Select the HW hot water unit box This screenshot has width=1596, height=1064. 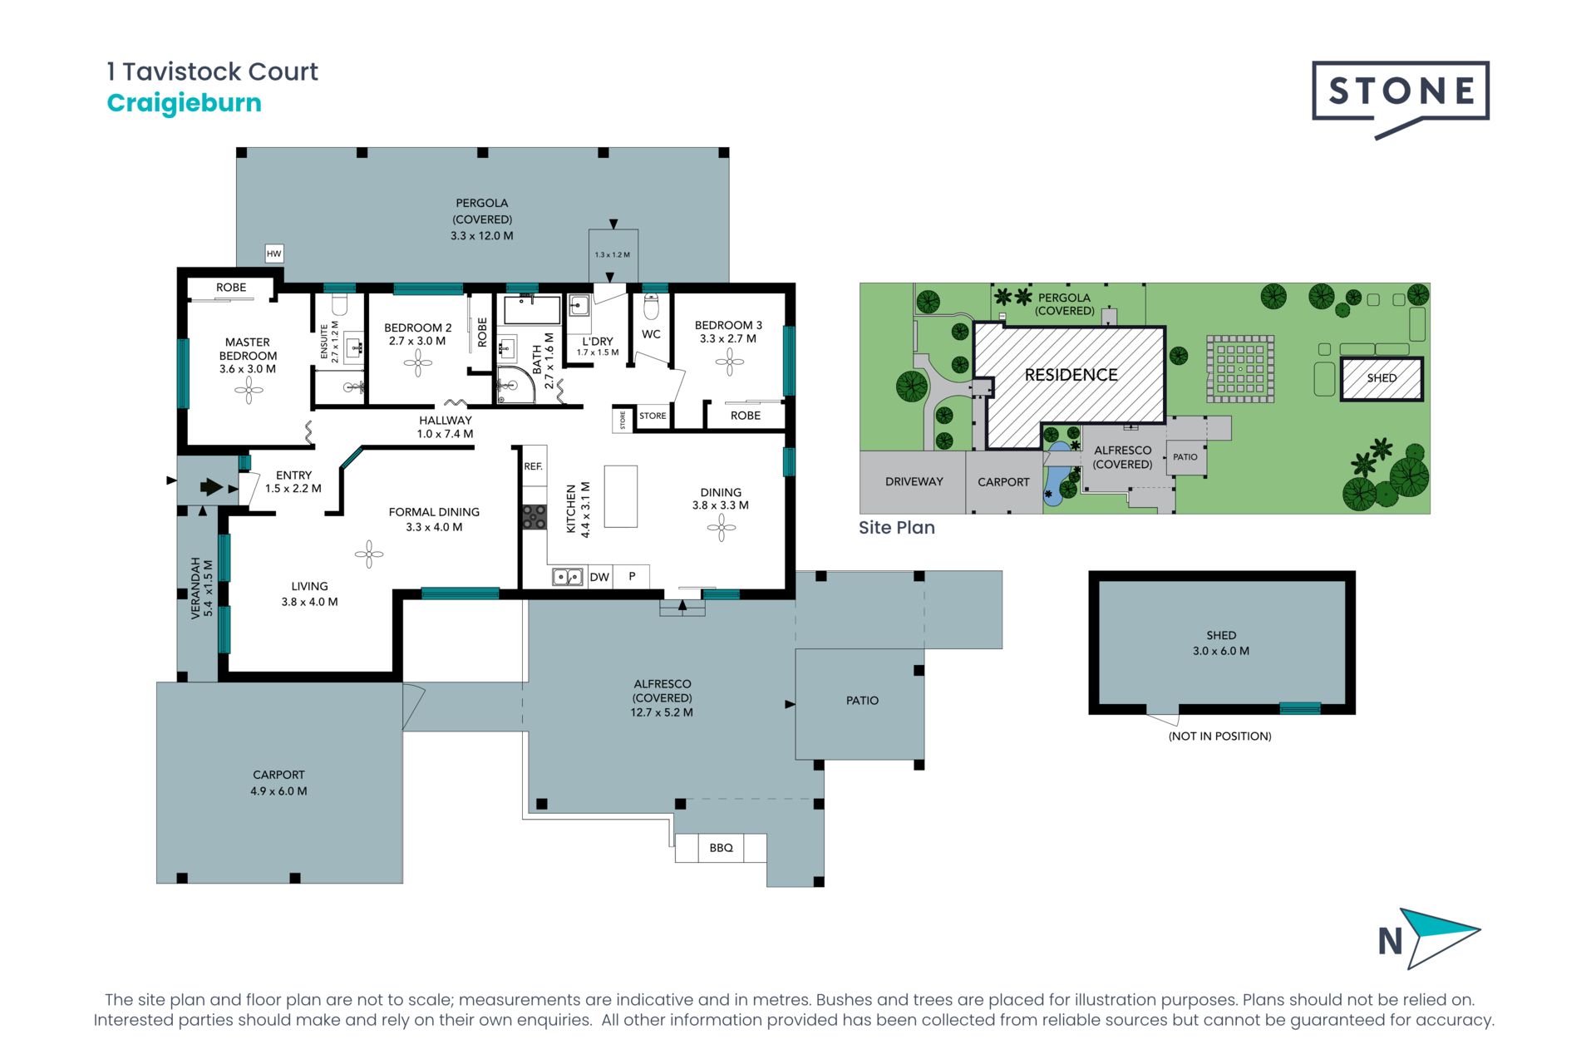tap(274, 254)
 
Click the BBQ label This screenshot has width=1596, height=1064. tap(721, 848)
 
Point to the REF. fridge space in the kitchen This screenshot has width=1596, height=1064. tap(534, 466)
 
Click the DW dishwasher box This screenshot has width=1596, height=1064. tap(599, 577)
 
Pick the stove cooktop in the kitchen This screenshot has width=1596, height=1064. tap(534, 517)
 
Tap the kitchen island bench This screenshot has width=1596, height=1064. tap(620, 496)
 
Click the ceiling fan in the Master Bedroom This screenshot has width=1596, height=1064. tap(249, 390)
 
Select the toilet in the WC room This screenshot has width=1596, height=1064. tap(651, 308)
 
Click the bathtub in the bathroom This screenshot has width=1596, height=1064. tap(533, 309)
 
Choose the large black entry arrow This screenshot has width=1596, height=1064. tap(211, 487)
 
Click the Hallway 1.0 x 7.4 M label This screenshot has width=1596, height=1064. tap(445, 427)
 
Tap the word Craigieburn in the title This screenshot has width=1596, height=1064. tap(185, 103)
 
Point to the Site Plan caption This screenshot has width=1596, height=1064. tap(897, 528)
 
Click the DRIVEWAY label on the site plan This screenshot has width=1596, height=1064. tap(914, 481)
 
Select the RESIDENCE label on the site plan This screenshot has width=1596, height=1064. tap(1071, 375)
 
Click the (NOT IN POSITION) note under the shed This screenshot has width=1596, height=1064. tap(1220, 736)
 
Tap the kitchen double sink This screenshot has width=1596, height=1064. tap(568, 576)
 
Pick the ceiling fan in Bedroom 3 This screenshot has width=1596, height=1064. tap(730, 362)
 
